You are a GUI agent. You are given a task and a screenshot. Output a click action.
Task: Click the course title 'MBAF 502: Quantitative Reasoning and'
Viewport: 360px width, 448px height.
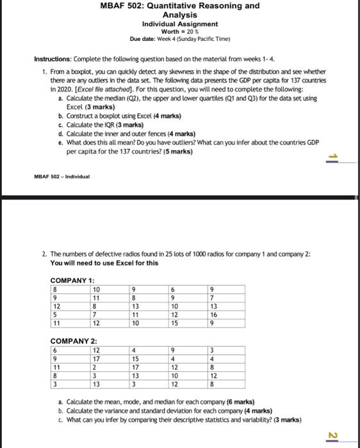tap(180, 6)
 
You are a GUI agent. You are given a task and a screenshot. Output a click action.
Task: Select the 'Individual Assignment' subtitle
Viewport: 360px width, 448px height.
tap(180, 24)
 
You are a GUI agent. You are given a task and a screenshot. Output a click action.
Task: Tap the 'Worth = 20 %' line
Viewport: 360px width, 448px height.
tap(180, 31)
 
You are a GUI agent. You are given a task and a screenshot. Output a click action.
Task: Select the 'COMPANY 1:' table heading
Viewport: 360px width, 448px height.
tap(72, 280)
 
